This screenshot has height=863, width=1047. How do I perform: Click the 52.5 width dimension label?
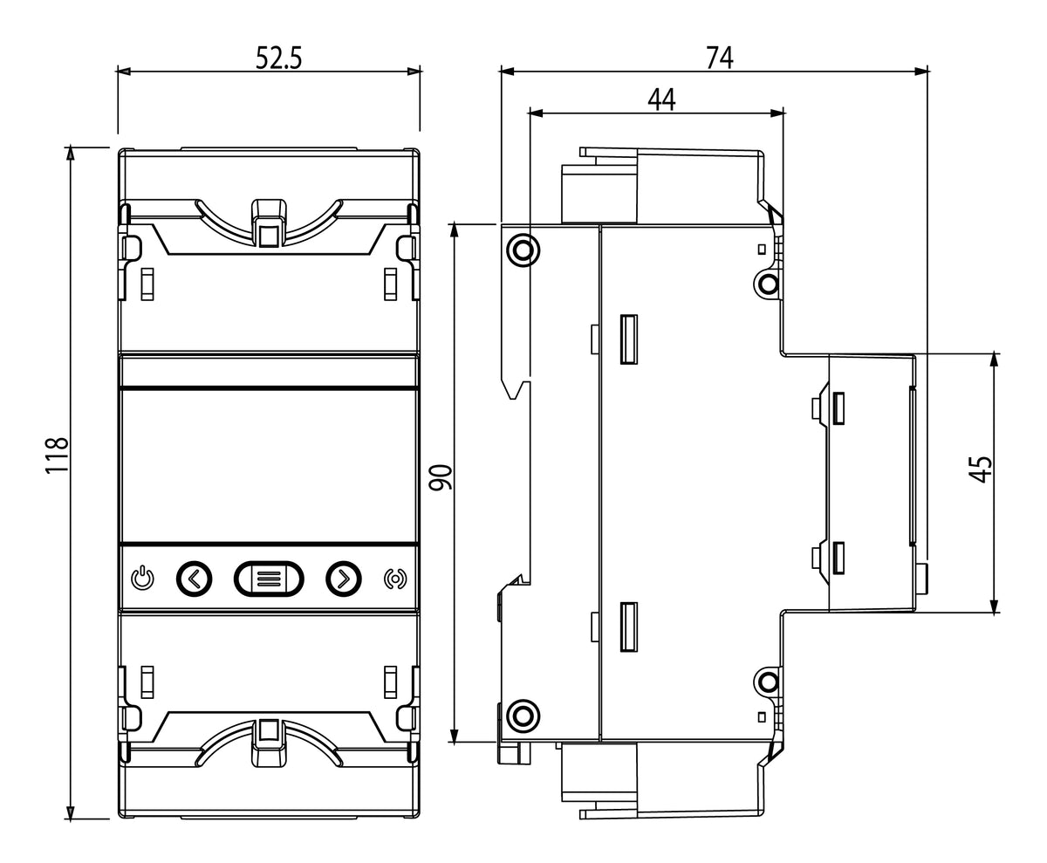279,58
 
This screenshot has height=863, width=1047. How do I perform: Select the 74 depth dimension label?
720,58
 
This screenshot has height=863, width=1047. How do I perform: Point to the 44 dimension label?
662,99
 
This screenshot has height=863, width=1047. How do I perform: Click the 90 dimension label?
441,477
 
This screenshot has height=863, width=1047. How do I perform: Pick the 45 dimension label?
981,469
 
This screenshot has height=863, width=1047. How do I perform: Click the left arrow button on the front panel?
194,579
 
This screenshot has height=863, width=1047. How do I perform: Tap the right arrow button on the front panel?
344,579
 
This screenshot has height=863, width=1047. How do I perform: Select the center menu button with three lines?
269,579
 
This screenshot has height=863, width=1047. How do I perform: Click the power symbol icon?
142,579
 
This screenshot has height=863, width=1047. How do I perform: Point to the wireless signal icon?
395,579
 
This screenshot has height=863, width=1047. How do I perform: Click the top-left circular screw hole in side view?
523,250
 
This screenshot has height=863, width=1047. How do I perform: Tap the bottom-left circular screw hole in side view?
523,716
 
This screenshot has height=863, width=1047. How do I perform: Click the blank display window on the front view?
269,465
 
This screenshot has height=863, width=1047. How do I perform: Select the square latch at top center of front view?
270,236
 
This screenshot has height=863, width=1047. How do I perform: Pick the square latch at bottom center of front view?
269,730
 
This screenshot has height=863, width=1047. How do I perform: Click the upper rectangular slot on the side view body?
629,339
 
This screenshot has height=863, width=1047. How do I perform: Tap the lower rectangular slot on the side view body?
629,627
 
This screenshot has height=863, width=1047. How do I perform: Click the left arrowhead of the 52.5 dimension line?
123,72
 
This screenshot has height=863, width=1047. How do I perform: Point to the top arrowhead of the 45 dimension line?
995,360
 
